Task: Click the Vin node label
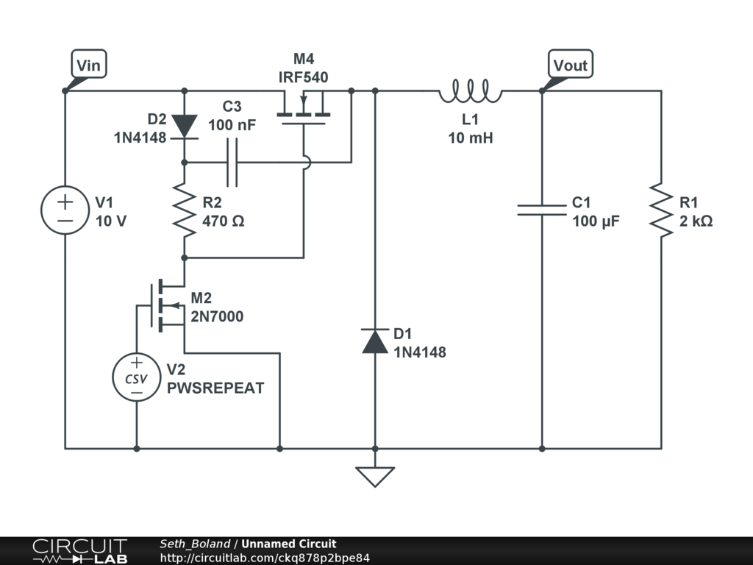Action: pos(88,65)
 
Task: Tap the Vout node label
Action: pos(571,65)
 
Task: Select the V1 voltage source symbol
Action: pos(65,210)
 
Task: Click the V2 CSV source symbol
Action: pos(136,378)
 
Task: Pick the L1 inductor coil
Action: pos(470,92)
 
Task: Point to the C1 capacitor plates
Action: pos(542,210)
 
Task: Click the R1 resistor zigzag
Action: pos(661,211)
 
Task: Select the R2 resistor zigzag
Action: pos(184,211)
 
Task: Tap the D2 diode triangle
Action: pos(184,126)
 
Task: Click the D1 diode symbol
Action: pos(375,341)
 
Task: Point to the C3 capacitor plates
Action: pos(232,162)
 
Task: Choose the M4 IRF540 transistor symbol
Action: pos(303,110)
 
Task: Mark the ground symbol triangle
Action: pos(375,477)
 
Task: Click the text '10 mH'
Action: pos(471,138)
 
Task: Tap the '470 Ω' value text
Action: pos(223,221)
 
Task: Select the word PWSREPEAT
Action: pos(215,388)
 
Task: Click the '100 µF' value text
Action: pos(596,221)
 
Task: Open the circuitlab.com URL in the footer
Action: pos(265,558)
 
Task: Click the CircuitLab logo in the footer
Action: pos(79,551)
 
